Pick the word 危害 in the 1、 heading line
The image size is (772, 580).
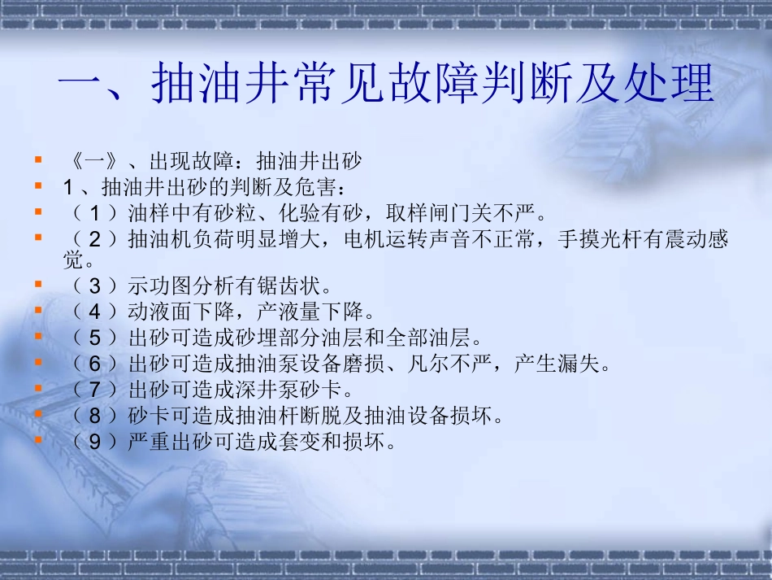[321, 188]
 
